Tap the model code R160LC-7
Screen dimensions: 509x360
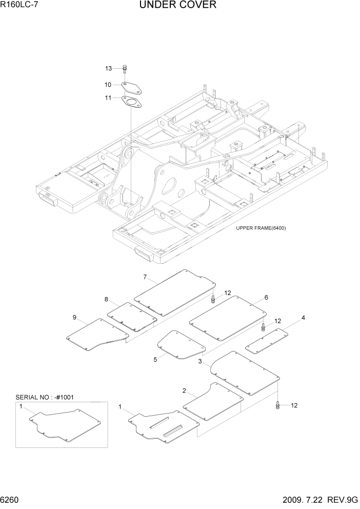click(19, 6)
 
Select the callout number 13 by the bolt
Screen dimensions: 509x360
click(109, 68)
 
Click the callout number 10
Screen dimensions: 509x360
click(109, 85)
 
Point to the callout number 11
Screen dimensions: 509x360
click(109, 97)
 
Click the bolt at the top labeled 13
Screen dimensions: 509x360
click(126, 68)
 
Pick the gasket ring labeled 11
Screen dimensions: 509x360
click(132, 101)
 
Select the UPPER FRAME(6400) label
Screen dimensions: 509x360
click(261, 228)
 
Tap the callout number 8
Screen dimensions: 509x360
click(106, 299)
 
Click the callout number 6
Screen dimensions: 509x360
click(266, 297)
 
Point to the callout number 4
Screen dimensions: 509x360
click(303, 318)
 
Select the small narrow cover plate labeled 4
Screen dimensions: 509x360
click(267, 341)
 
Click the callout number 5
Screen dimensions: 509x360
click(155, 360)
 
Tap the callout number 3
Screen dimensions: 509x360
click(200, 362)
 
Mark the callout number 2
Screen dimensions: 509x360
click(184, 391)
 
